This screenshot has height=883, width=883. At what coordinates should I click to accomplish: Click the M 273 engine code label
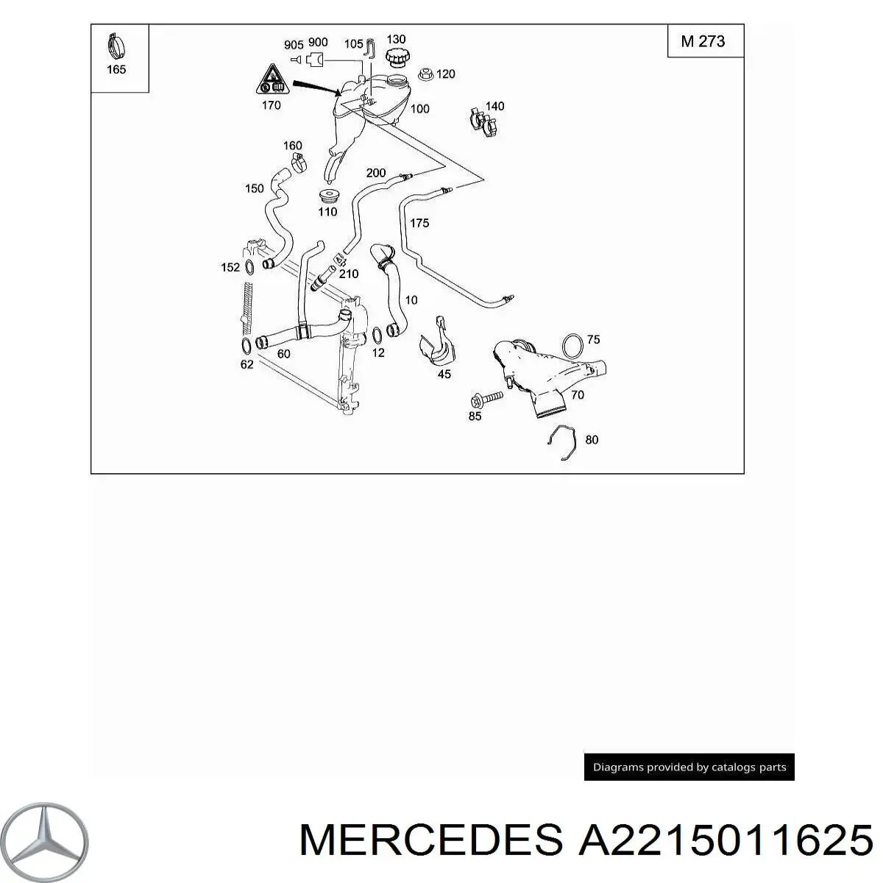[703, 41]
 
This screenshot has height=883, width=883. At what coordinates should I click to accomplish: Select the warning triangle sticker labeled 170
[270, 79]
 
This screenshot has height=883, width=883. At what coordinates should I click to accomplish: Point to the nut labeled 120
[425, 74]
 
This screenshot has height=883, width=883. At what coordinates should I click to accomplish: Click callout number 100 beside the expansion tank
[419, 109]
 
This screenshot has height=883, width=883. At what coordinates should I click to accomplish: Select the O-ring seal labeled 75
[574, 344]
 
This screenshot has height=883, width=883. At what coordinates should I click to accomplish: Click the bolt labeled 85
[485, 399]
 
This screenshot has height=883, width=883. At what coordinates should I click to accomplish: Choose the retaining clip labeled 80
[562, 444]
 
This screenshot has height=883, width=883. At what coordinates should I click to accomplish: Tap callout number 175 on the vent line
[419, 223]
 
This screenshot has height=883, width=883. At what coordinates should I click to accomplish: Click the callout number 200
[376, 174]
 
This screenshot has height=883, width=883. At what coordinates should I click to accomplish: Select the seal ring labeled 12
[377, 336]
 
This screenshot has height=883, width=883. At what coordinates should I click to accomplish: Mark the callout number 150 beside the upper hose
[254, 188]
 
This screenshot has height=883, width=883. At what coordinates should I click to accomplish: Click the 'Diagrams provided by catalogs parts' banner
[689, 767]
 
